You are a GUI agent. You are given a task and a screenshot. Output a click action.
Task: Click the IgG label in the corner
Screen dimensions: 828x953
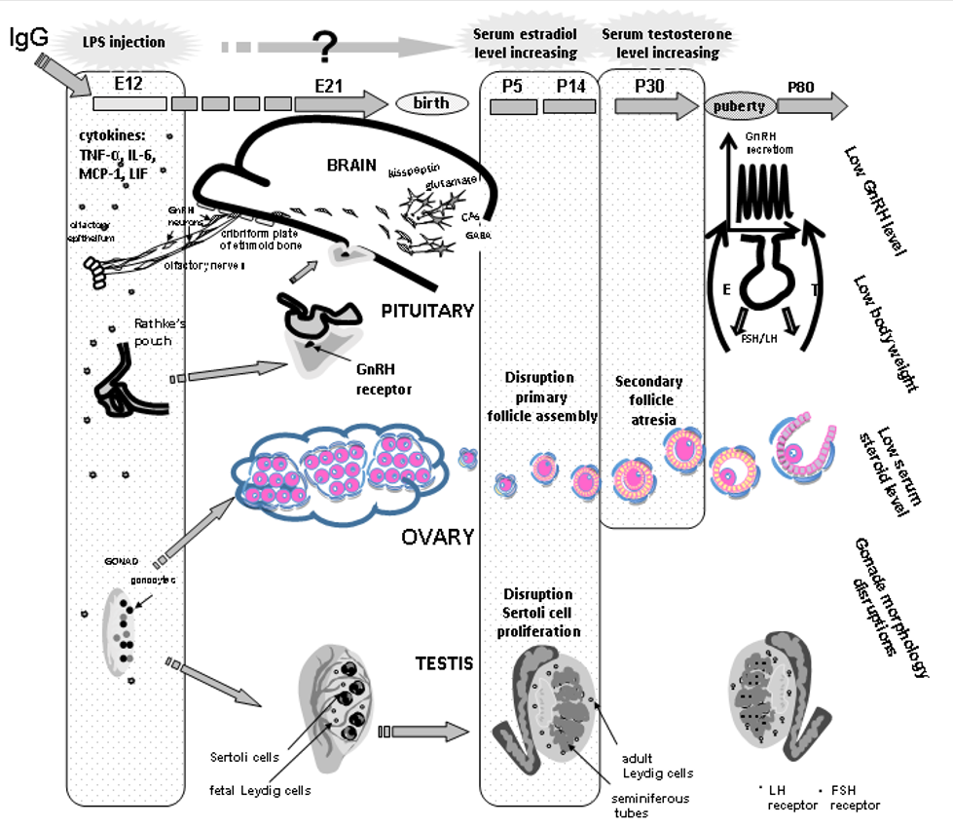pyautogui.click(x=28, y=38)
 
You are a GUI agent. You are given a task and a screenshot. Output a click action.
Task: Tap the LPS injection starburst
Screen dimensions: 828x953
pyautogui.click(x=123, y=42)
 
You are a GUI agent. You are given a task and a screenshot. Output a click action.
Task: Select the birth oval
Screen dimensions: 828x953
pyautogui.click(x=430, y=104)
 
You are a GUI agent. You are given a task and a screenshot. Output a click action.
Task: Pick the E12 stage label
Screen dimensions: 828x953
pyautogui.click(x=128, y=84)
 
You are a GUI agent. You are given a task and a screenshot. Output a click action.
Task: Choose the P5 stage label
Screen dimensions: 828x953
pyautogui.click(x=512, y=86)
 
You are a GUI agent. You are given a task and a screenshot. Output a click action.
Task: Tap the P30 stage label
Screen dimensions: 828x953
pyautogui.click(x=649, y=86)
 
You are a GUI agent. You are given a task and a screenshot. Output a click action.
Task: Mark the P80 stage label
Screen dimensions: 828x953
pyautogui.click(x=801, y=86)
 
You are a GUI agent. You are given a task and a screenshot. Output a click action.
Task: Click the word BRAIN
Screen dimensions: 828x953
pyautogui.click(x=352, y=165)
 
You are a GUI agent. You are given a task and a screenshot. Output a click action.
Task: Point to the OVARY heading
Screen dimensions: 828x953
pyautogui.click(x=437, y=536)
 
